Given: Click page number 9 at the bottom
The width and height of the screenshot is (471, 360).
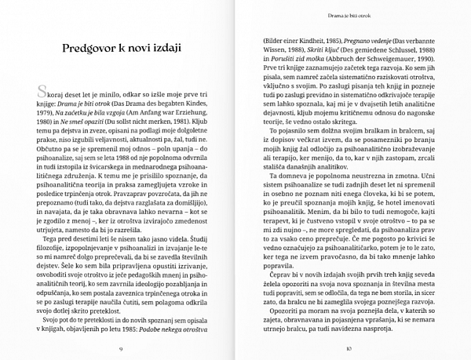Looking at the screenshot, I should coord(122,347).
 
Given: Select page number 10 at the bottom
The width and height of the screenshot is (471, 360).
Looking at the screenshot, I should coord(350,347).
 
